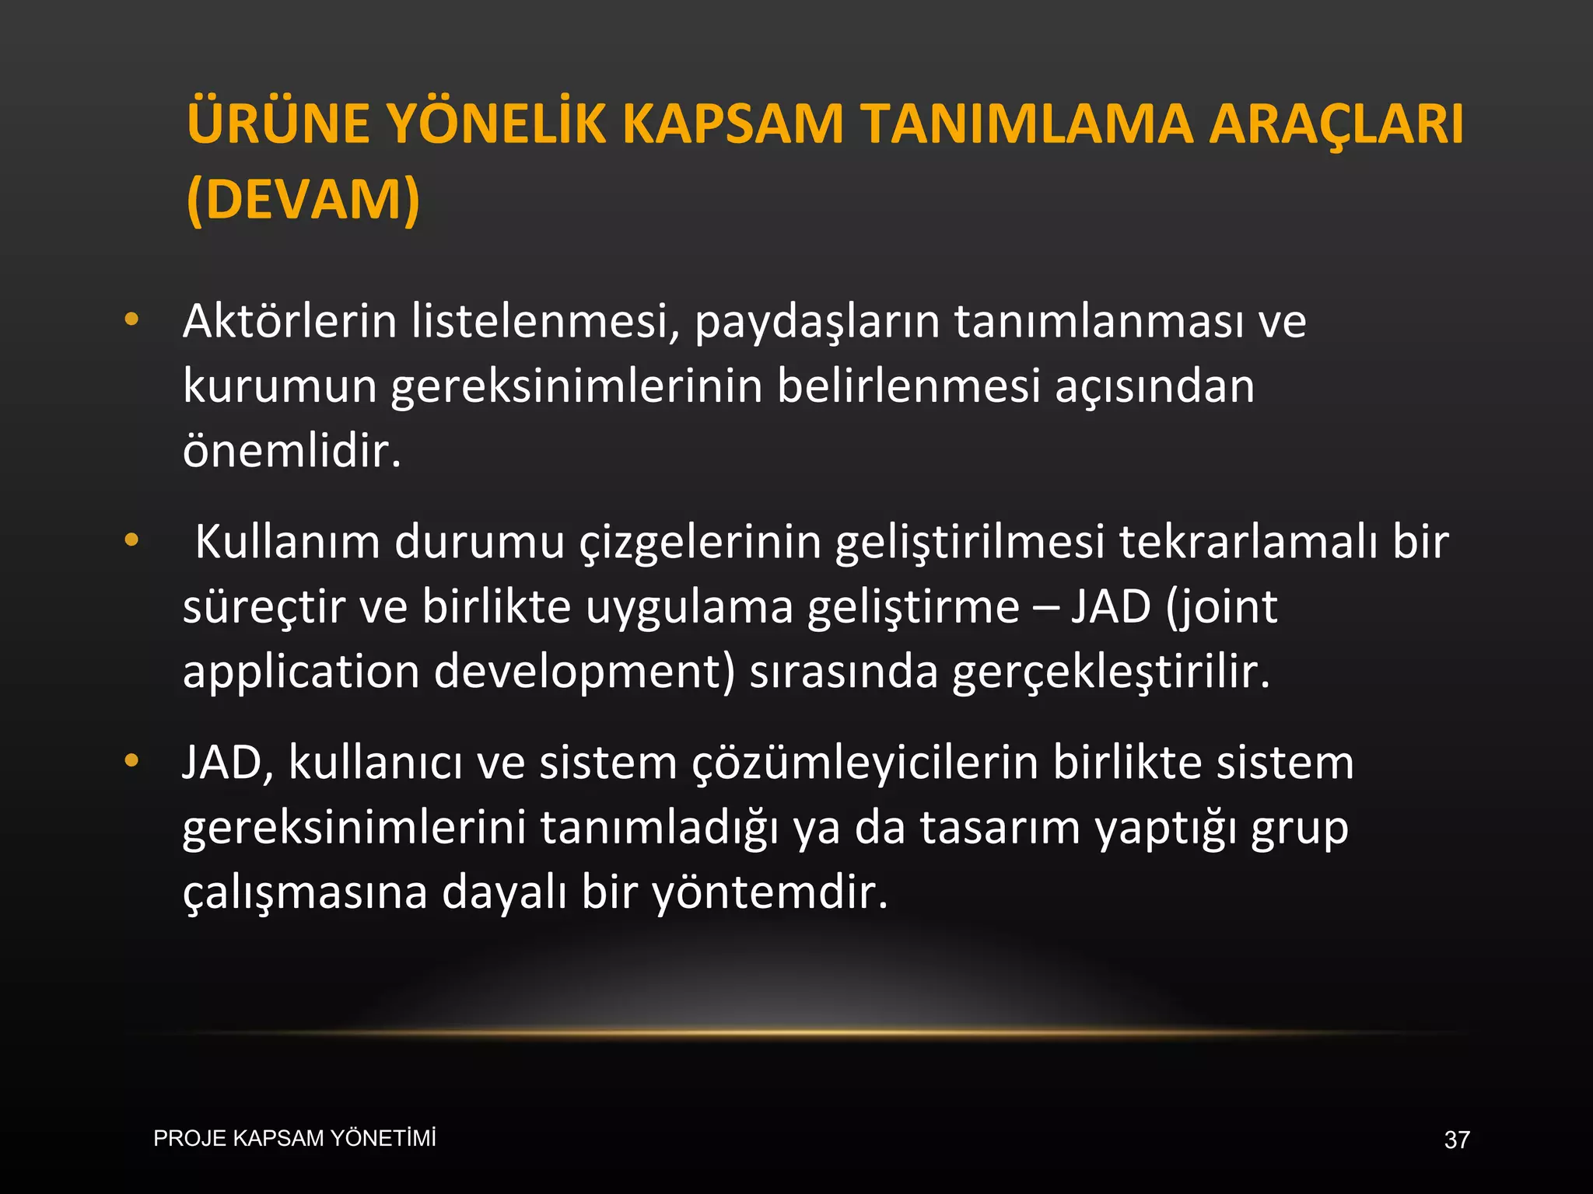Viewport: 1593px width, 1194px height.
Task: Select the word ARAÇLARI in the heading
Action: point(1336,124)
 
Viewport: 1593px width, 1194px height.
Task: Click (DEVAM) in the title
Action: point(303,201)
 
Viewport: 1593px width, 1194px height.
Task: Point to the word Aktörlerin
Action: point(289,321)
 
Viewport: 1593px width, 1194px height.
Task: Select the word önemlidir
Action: point(292,450)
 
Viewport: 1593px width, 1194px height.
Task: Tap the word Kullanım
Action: point(287,542)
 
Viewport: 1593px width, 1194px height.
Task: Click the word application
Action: point(301,672)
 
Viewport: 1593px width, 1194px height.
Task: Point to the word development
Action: point(583,672)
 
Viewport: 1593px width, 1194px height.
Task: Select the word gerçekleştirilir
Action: point(1111,672)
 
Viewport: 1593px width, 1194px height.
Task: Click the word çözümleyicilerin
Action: point(865,763)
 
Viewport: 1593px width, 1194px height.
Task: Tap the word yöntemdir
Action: point(769,892)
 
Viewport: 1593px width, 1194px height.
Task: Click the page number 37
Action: point(1457,1140)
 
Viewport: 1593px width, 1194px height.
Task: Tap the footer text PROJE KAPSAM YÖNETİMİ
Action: point(295,1139)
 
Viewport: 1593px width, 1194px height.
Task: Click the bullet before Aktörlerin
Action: point(131,319)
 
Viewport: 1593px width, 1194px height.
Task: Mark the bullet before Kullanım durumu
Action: point(131,539)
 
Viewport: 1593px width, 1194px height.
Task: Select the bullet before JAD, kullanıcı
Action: point(131,760)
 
